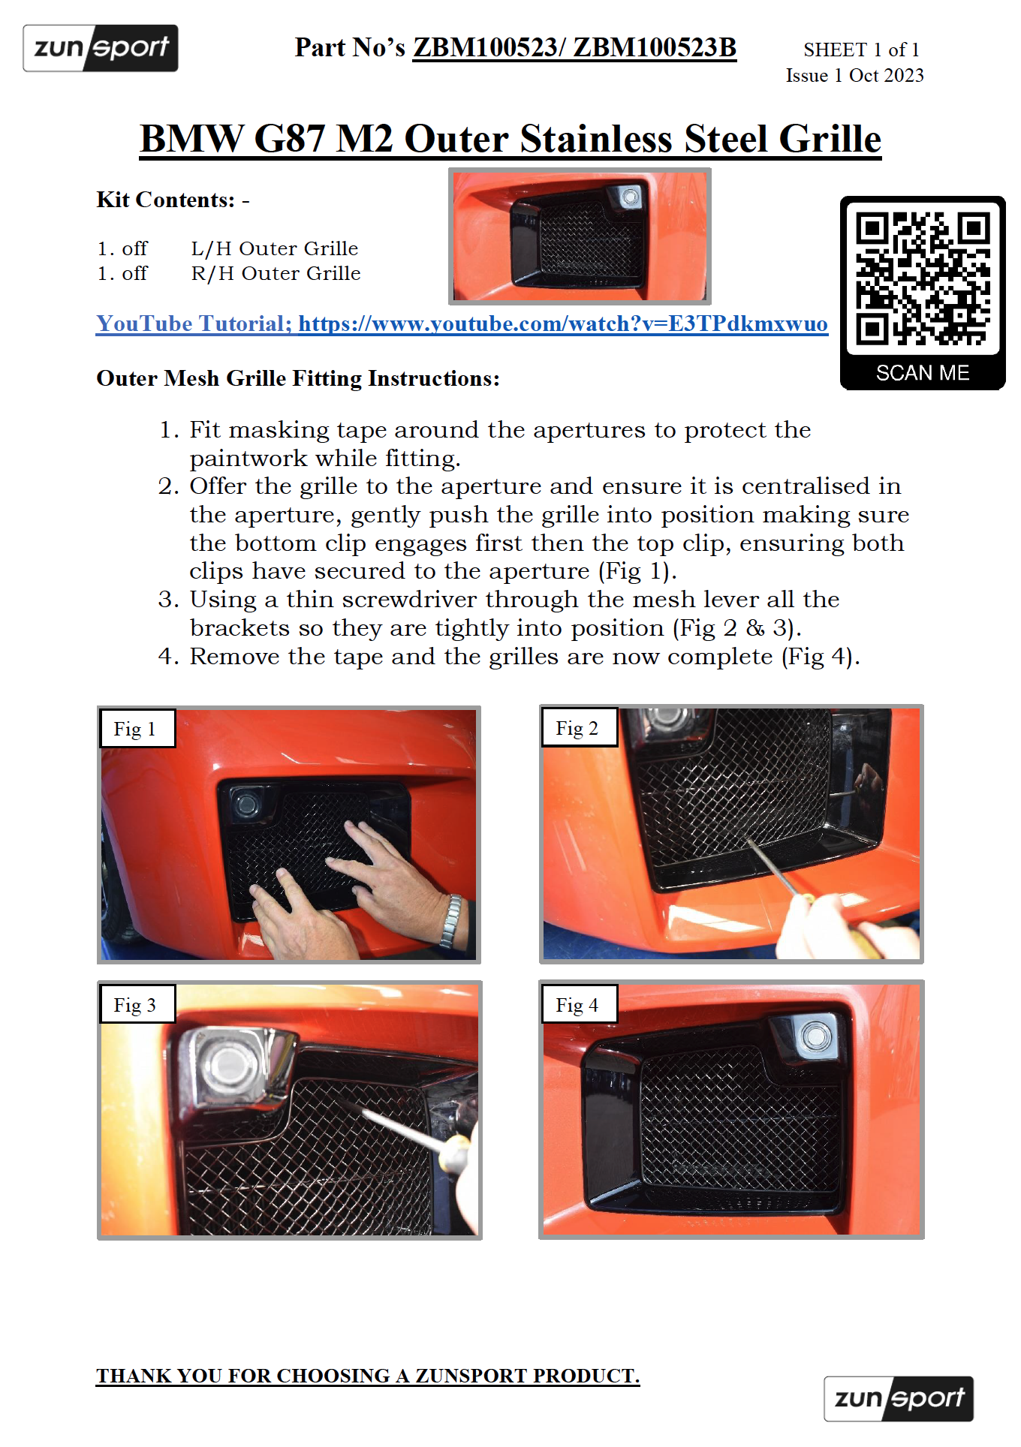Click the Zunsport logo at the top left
[x=101, y=48]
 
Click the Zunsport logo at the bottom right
[x=899, y=1398]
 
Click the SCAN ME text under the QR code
[x=923, y=373]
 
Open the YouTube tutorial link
[x=462, y=323]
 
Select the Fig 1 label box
[x=137, y=728]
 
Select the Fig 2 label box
[x=579, y=727]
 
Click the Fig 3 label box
[x=137, y=1004]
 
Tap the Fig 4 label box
[x=579, y=1004]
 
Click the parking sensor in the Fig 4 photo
[x=815, y=1037]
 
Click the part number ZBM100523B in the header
[x=655, y=47]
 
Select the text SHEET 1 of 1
[x=861, y=50]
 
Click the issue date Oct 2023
[x=886, y=75]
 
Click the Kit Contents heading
[x=166, y=200]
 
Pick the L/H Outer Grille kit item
[x=275, y=248]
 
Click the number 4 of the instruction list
[x=166, y=657]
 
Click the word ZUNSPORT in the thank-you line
[x=471, y=1376]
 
